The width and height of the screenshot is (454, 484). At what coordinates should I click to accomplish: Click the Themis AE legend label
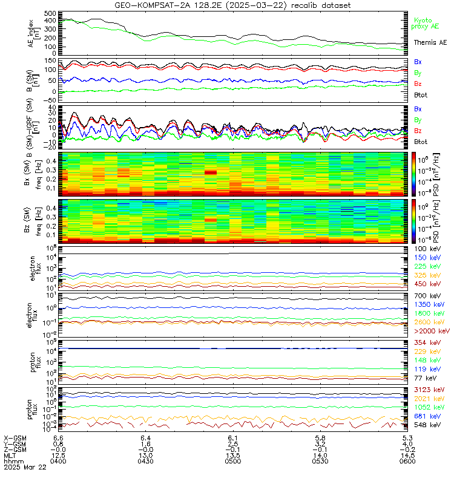430,42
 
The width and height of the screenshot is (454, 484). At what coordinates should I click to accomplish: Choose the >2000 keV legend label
432,332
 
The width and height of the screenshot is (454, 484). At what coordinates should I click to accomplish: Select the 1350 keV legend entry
430,305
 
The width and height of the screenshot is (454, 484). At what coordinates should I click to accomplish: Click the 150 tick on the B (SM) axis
50,61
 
